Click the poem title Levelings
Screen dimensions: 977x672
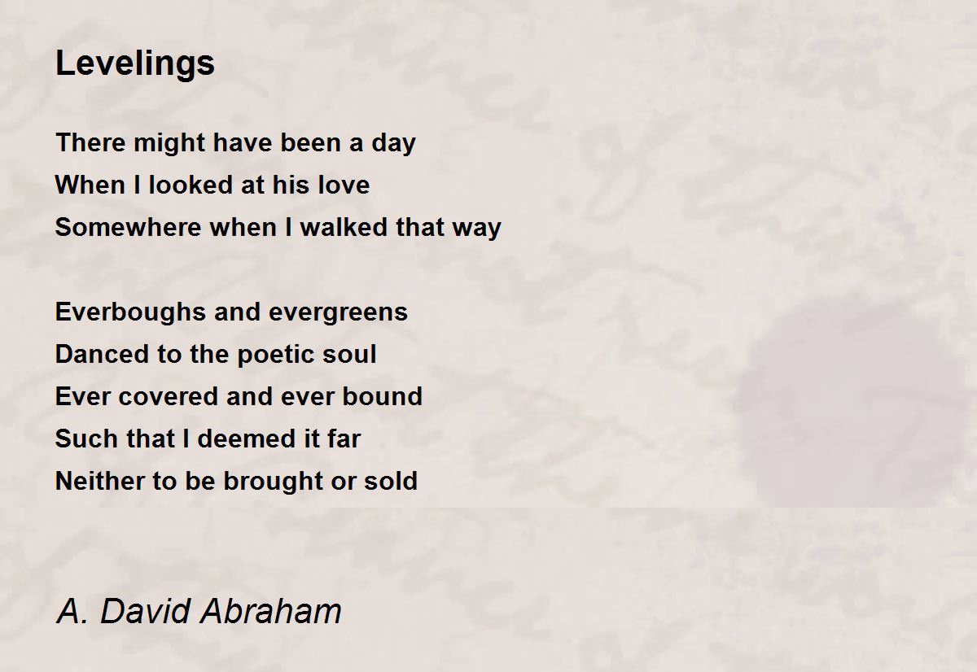click(135, 63)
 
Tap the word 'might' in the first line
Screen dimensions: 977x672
click(169, 143)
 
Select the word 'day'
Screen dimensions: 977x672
click(393, 143)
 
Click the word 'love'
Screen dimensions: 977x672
click(344, 185)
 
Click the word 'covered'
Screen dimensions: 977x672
click(168, 396)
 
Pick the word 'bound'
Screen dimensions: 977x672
click(382, 396)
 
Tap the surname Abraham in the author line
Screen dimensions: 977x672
click(271, 611)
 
